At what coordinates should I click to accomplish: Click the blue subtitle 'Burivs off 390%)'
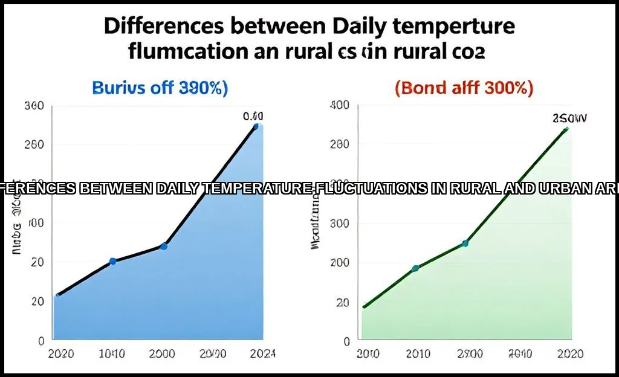pyautogui.click(x=160, y=88)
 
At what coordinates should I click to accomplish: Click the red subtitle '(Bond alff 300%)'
pyautogui.click(x=464, y=88)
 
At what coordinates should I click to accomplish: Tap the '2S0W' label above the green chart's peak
pyautogui.click(x=569, y=118)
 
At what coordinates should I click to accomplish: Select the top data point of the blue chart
pyautogui.click(x=256, y=126)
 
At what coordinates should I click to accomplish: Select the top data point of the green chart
pyautogui.click(x=566, y=129)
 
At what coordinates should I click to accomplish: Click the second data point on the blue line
pyautogui.click(x=113, y=261)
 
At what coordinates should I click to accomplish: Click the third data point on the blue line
pyautogui.click(x=164, y=246)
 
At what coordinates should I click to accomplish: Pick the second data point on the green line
pyautogui.click(x=415, y=268)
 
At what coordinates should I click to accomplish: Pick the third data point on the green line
pyautogui.click(x=465, y=243)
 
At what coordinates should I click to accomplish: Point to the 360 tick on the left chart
pyautogui.click(x=34, y=106)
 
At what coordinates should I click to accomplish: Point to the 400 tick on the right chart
pyautogui.click(x=340, y=106)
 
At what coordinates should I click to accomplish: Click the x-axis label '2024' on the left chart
pyautogui.click(x=262, y=353)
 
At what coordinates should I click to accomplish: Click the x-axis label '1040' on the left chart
pyautogui.click(x=112, y=353)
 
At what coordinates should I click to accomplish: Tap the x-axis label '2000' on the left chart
pyautogui.click(x=163, y=353)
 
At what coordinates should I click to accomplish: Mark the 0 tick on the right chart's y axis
pyautogui.click(x=346, y=341)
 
